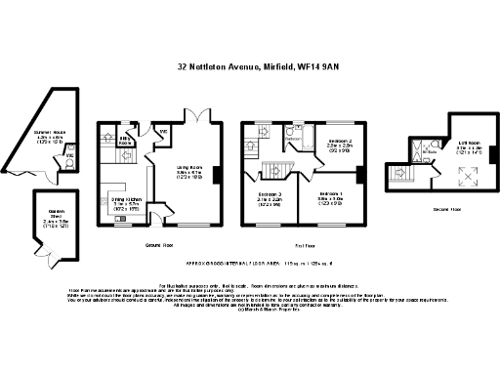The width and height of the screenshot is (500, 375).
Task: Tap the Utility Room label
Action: pos(125,141)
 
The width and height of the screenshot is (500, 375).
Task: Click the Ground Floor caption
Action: pos(158,245)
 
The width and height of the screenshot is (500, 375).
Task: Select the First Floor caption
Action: pos(305,245)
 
